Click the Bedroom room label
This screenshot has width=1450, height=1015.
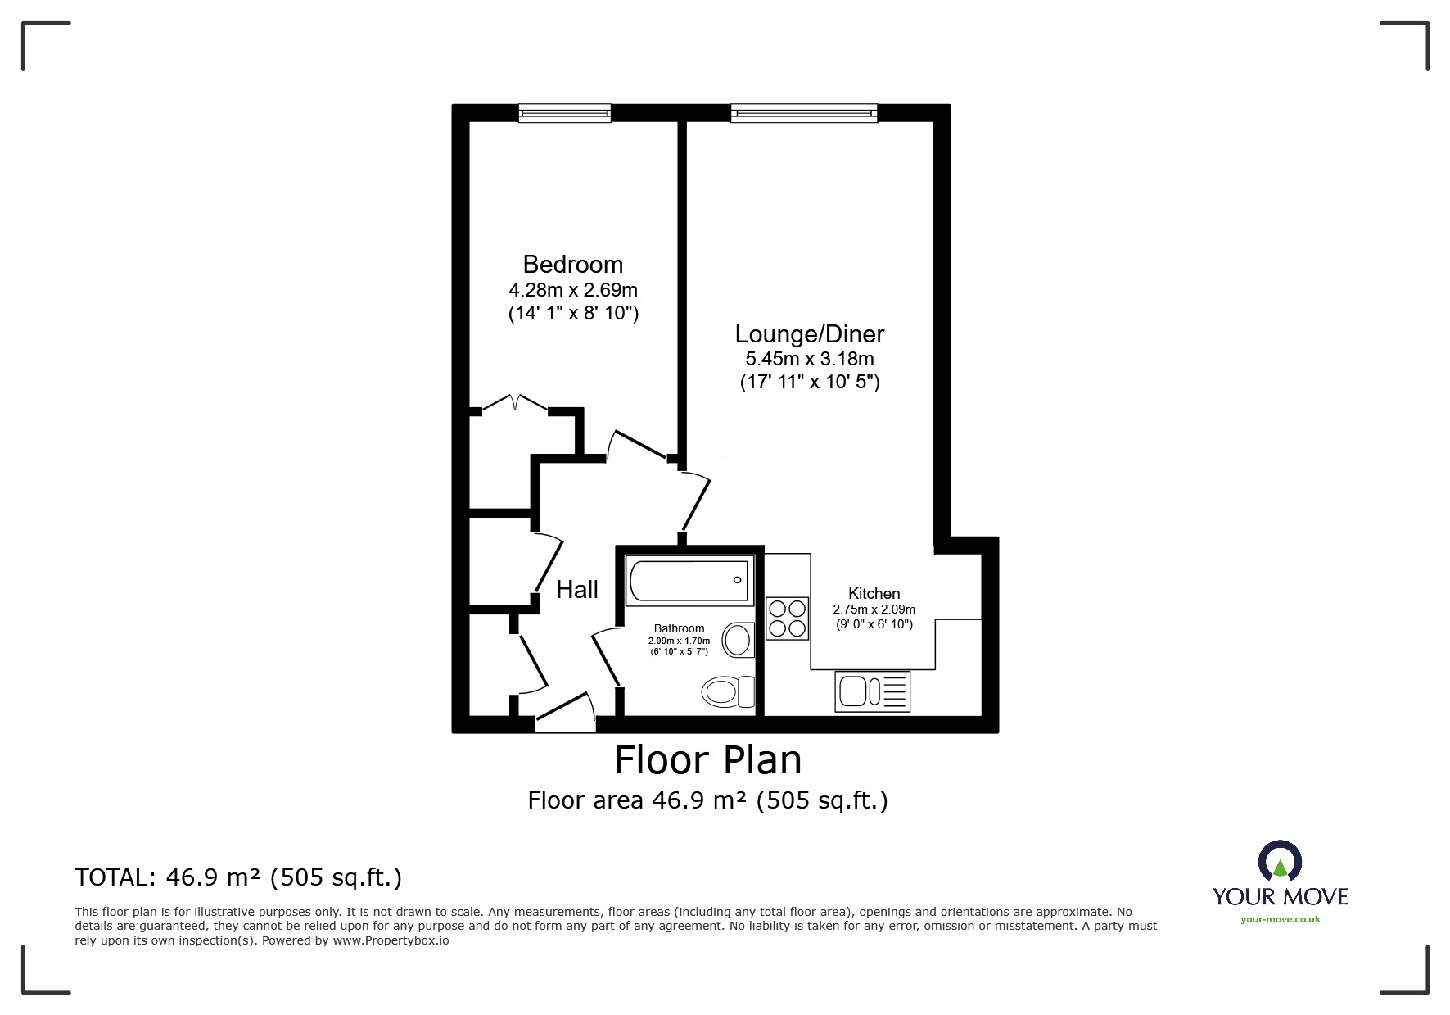572,265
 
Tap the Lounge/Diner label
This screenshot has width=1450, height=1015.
810,334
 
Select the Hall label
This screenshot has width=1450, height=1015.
577,590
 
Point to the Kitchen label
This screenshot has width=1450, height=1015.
874,593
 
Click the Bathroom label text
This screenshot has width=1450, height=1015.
679,628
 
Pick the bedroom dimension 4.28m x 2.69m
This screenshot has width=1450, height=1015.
573,290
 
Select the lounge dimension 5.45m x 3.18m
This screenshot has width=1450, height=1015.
810,359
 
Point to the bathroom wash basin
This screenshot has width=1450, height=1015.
738,640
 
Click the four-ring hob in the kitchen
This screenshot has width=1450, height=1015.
787,619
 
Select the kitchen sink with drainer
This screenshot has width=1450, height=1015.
872,691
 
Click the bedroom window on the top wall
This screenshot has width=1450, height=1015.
565,113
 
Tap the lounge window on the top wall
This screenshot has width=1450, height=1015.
804,113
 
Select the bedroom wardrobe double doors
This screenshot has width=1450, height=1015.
514,404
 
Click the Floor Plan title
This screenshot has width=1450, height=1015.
708,760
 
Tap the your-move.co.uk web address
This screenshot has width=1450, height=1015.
1281,919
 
